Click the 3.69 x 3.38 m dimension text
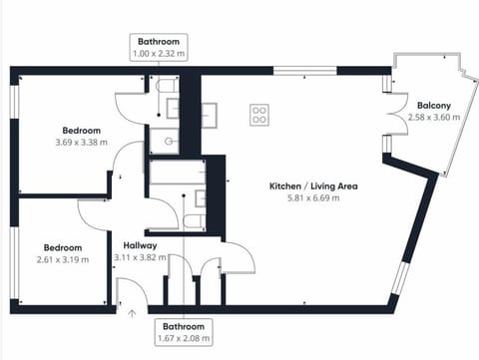pos(82,143)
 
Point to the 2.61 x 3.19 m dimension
pos(62,259)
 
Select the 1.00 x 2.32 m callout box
pos(159,47)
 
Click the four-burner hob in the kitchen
pos(259,115)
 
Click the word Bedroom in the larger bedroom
pos(82,131)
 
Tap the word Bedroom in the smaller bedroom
pos(62,247)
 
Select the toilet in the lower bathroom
pos(195,219)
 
